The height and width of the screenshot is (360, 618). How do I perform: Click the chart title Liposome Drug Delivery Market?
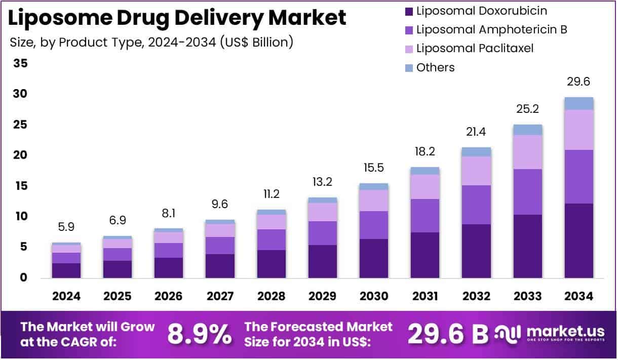(177, 18)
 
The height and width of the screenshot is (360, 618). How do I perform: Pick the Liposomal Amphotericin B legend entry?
(491, 29)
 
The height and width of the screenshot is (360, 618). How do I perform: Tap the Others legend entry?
(435, 67)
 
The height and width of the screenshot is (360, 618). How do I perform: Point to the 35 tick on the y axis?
(21, 63)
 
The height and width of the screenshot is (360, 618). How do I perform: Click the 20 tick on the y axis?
(21, 155)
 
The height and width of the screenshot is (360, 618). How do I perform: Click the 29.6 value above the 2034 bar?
(579, 82)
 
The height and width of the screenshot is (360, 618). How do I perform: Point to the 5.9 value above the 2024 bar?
(66, 227)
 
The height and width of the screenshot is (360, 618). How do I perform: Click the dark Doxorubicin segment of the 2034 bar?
(579, 241)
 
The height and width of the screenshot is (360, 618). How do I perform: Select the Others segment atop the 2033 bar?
(528, 130)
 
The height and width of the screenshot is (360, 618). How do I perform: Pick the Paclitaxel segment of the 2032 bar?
(476, 171)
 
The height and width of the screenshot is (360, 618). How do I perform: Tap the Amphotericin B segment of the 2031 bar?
(425, 216)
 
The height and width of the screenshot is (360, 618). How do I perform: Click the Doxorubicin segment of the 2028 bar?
(272, 264)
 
